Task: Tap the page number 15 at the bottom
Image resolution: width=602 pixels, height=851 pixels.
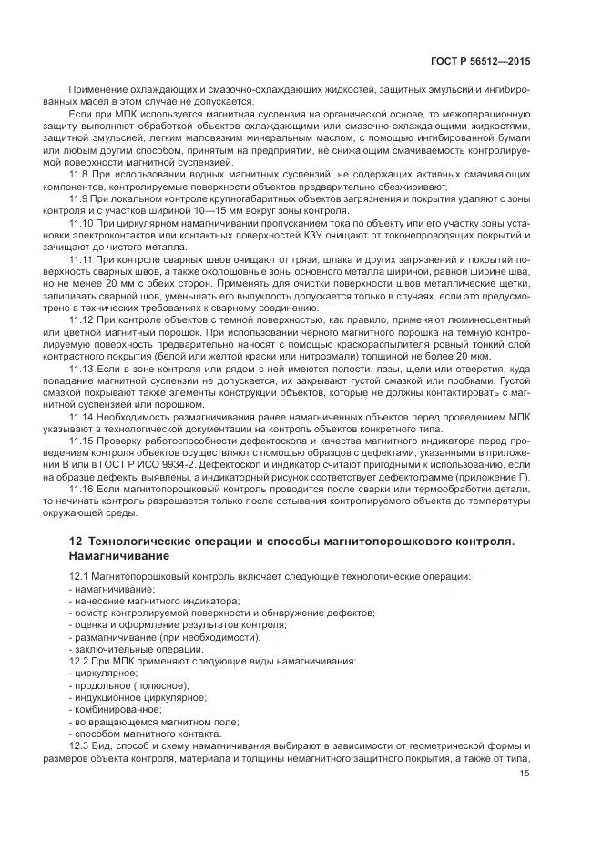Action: pos(525,775)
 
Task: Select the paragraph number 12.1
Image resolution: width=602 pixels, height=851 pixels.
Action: pos(79,578)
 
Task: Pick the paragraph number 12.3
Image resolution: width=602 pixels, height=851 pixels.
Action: pos(79,745)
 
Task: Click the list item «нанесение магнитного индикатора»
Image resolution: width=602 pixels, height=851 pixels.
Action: pos(156,602)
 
